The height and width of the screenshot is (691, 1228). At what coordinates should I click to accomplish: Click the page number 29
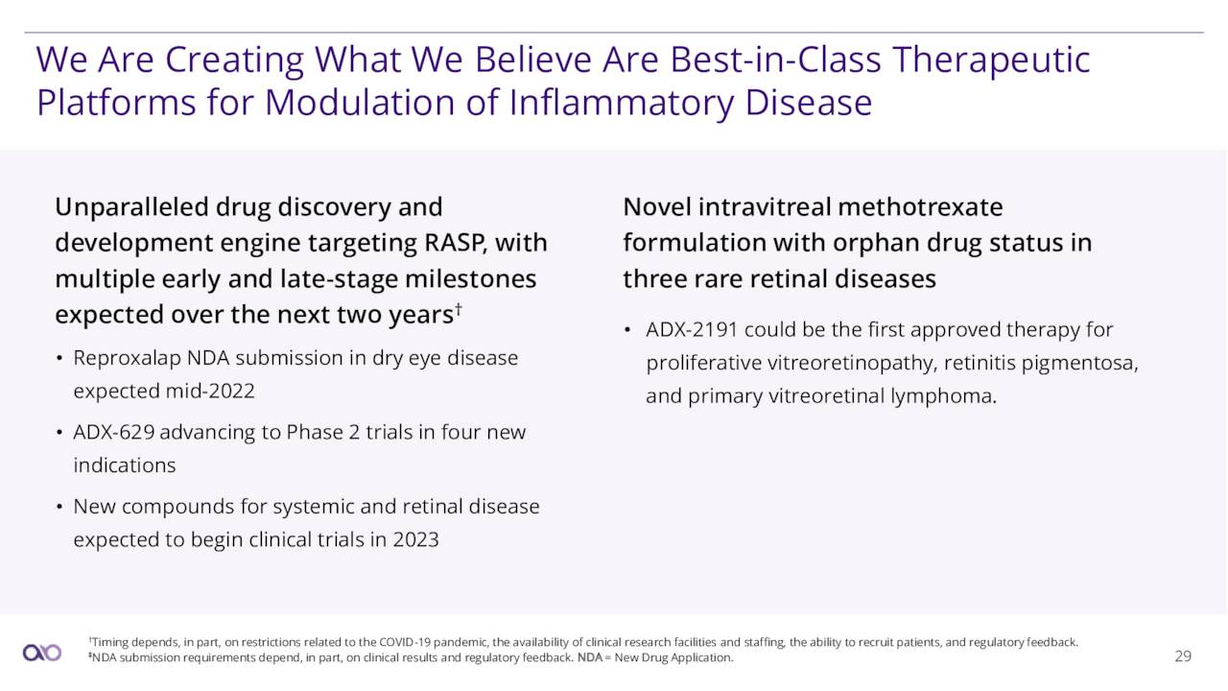pyautogui.click(x=1183, y=655)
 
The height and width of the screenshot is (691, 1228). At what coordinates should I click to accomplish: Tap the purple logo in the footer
pyautogui.click(x=42, y=653)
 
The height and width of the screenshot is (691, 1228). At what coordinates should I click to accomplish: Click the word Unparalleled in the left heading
pyautogui.click(x=131, y=208)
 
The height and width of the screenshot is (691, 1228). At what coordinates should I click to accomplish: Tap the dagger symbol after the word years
pyautogui.click(x=459, y=309)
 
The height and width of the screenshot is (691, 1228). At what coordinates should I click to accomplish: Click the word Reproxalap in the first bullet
pyautogui.click(x=128, y=359)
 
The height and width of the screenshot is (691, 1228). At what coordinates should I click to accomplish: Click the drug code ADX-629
pyautogui.click(x=113, y=432)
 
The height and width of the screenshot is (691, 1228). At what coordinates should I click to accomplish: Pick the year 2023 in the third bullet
pyautogui.click(x=415, y=539)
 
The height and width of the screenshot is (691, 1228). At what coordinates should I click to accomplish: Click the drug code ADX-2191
pyautogui.click(x=692, y=329)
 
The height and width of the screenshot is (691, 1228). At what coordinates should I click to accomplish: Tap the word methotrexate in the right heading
pyautogui.click(x=920, y=207)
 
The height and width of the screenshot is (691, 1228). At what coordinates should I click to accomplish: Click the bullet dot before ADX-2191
pyautogui.click(x=627, y=330)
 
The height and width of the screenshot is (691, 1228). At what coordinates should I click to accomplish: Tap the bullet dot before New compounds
pyautogui.click(x=59, y=507)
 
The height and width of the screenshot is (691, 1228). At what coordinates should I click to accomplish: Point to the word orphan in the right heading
pyautogui.click(x=876, y=244)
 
